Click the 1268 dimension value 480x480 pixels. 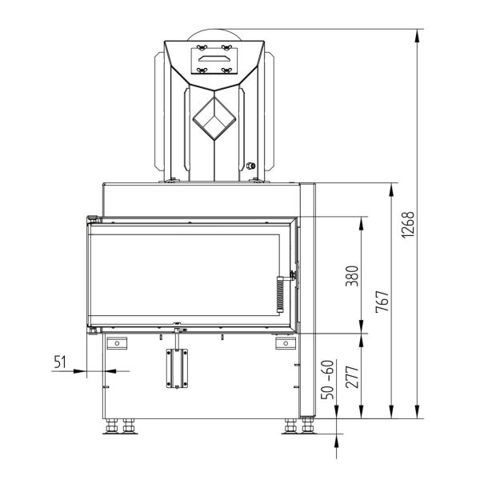pos(408,224)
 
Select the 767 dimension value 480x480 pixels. pos(382,302)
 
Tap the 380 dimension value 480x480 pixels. pos(352,276)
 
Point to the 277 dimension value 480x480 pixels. pos(352,377)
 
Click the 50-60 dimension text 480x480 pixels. pos(327,379)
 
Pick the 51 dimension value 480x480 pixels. pos(60,362)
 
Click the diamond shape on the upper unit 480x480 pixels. pos(214,118)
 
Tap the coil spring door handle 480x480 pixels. pos(280,294)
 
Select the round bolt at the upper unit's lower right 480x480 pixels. pos(251,166)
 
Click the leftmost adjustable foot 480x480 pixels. pos(111,426)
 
